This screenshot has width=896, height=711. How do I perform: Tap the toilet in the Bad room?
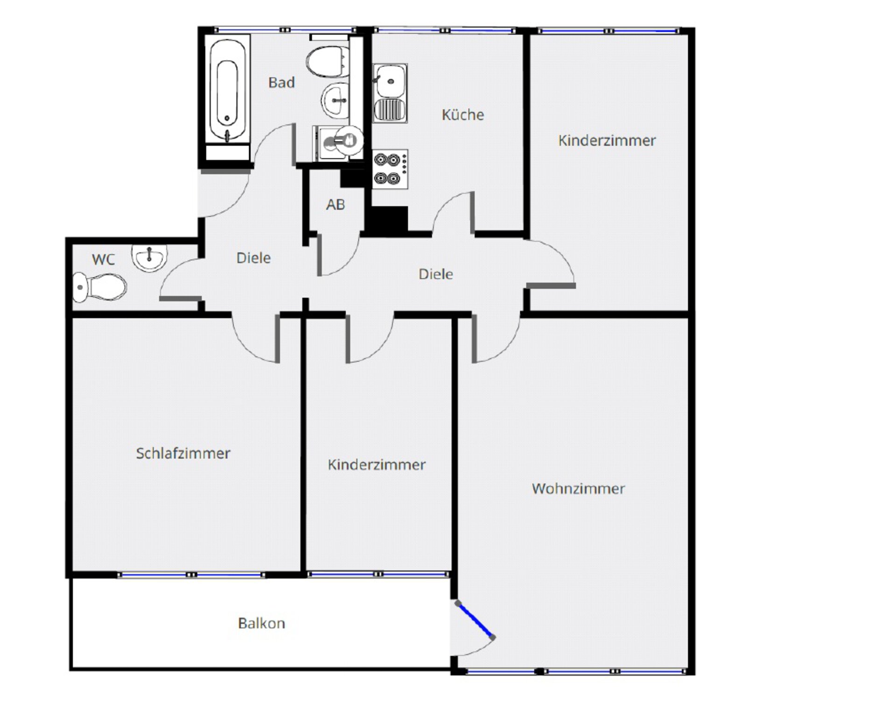[x=328, y=62]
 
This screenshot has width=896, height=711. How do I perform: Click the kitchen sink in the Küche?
[x=390, y=93]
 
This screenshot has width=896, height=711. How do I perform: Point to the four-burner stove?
[x=390, y=169]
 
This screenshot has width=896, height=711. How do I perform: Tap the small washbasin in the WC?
[x=149, y=258]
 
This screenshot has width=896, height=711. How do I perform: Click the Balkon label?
[x=261, y=623]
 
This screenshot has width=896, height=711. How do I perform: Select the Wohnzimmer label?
[x=578, y=489]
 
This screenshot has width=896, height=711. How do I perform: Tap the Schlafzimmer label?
[x=183, y=453]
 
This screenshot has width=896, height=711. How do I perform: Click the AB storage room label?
[x=336, y=204]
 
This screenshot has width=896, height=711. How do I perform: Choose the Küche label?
[x=462, y=114]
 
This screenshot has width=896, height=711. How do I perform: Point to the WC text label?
[x=103, y=260]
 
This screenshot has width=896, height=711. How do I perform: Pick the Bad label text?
[x=281, y=83]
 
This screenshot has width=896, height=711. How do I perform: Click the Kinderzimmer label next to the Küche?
[x=607, y=141]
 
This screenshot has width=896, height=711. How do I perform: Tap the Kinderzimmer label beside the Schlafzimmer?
[x=377, y=465]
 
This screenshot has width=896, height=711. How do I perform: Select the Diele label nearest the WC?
[x=253, y=258]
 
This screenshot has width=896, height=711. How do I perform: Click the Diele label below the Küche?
[x=435, y=274]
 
